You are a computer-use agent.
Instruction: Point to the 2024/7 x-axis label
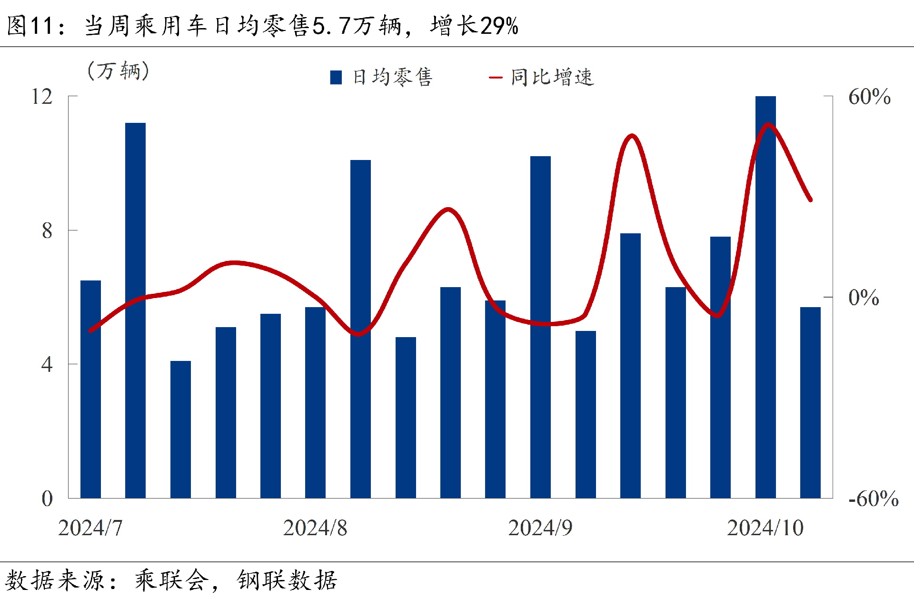90,528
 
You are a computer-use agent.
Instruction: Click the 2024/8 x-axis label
315,528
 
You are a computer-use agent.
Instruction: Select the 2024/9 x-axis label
540,528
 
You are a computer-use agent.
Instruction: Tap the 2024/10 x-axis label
765,528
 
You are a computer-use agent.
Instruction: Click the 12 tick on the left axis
42,97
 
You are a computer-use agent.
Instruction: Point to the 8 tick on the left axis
47,231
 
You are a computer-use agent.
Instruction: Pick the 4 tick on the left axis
47,365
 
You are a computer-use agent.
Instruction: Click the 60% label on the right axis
869,97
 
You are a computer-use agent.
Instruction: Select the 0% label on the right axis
864,298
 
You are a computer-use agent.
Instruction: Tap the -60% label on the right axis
874,499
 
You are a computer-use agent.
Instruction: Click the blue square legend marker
336,77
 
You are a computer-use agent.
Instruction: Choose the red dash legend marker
495,77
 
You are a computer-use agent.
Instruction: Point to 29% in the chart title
499,26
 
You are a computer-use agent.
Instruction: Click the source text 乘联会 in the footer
172,580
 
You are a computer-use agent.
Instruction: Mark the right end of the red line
810,200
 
